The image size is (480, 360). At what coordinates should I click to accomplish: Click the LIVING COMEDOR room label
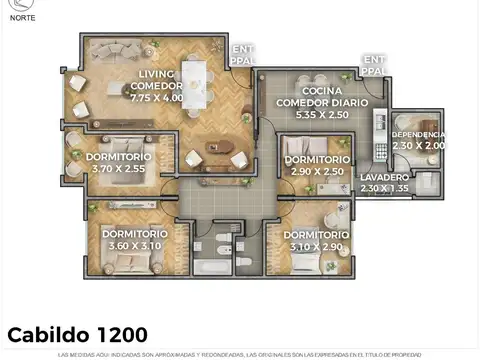tap(155, 79)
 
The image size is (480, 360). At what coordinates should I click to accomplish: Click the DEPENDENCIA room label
tap(418, 134)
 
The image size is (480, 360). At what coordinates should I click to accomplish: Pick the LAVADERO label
tap(384, 177)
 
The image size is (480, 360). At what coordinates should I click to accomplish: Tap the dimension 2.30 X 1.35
tap(384, 188)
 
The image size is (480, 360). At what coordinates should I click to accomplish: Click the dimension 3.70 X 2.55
tap(117, 170)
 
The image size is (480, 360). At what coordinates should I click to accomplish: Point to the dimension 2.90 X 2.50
tap(317, 172)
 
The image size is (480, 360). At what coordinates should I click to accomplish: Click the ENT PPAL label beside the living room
tap(242, 54)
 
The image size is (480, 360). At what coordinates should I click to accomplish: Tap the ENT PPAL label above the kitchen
tap(374, 65)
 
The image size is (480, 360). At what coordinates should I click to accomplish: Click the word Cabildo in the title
tap(50, 333)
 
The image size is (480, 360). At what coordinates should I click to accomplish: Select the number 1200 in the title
tap(123, 333)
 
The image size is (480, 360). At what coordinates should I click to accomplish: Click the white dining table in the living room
tap(194, 82)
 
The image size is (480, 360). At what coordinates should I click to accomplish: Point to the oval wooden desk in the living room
tap(219, 148)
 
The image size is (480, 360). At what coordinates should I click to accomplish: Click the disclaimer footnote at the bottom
tap(240, 354)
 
